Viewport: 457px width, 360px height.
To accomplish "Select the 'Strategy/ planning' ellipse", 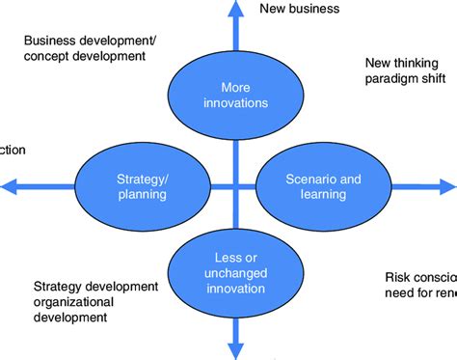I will [142, 185].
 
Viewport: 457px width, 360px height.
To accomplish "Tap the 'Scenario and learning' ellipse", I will [309, 185].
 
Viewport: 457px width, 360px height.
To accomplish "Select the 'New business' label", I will [300, 10].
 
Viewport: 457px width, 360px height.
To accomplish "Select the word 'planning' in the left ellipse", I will [142, 194].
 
